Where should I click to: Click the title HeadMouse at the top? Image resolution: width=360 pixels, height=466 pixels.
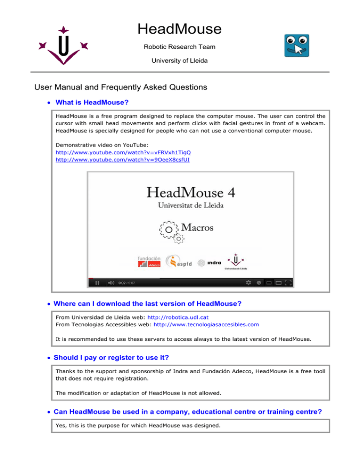click(180, 29)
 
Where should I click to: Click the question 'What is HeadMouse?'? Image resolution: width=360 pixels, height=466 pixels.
click(92, 102)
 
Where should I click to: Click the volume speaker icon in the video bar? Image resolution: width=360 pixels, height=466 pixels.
click(111, 283)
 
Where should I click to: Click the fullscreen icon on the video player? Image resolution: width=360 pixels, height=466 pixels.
click(289, 283)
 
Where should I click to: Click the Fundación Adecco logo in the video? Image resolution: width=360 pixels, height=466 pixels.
click(149, 263)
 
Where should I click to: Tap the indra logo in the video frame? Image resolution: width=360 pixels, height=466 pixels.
click(210, 263)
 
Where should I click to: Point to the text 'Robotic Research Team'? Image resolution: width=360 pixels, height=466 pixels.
click(180, 47)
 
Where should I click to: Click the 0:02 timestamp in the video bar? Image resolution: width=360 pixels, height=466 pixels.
click(121, 283)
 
